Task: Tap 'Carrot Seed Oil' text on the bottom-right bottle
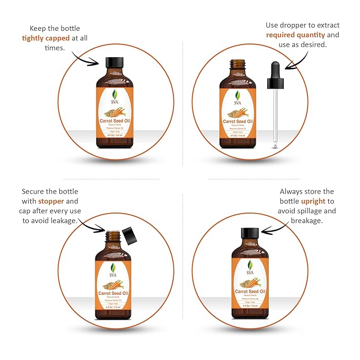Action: coord(250,291)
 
